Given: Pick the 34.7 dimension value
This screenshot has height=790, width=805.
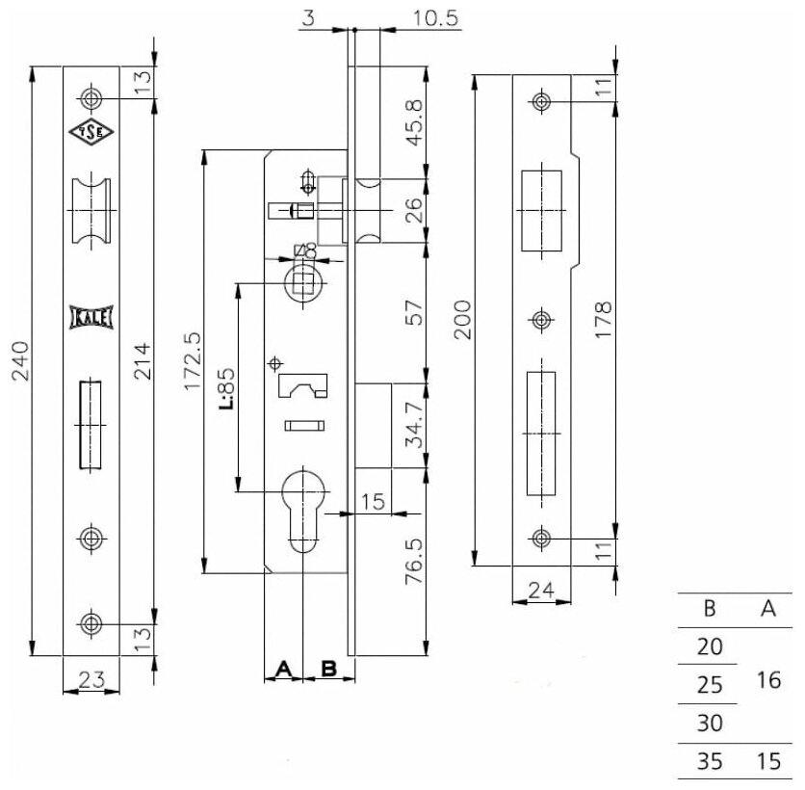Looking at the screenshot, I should tap(415, 426).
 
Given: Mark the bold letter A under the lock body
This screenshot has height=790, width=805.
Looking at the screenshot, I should tap(284, 667).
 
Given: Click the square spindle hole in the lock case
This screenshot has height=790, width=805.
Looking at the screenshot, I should tap(304, 282).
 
